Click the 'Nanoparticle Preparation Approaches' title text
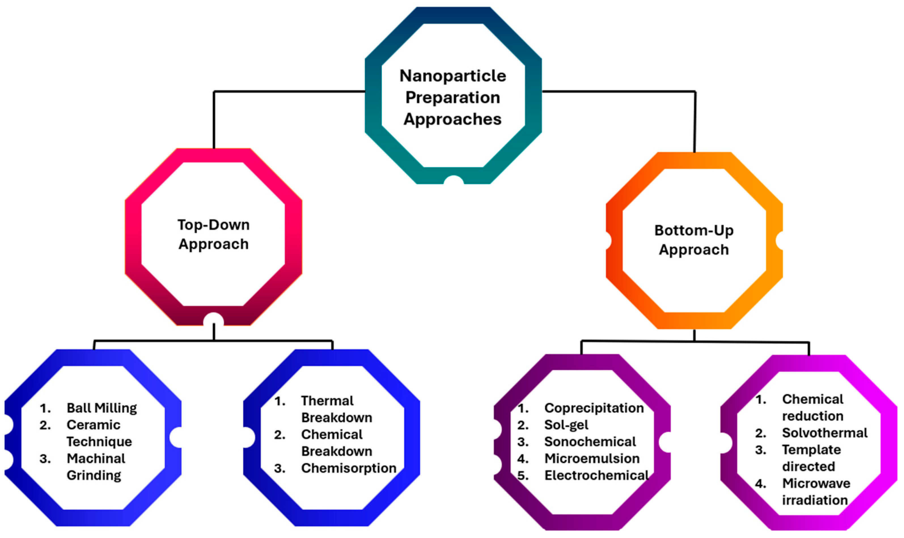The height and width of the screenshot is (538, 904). point(453,97)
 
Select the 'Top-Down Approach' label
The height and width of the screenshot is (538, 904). point(213,234)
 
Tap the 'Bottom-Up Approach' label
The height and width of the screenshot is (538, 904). point(694,240)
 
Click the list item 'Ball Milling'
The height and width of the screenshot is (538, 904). point(102,408)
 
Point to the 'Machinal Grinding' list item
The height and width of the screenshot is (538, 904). point(96,467)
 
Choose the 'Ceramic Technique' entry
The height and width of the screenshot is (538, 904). point(99,433)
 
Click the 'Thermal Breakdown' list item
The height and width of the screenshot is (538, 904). point(337,409)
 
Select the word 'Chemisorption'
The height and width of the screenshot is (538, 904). point(349,468)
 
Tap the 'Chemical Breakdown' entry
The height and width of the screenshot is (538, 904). point(337,443)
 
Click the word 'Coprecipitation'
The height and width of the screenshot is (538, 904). point(594,408)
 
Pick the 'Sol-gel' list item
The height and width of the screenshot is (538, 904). point(566,425)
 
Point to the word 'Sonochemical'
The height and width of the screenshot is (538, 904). point(590,442)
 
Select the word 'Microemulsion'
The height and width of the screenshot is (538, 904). point(592,459)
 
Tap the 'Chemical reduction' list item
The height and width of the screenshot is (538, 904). point(813,408)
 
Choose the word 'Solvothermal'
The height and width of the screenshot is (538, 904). point(825,433)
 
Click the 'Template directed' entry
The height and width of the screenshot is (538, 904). point(812,458)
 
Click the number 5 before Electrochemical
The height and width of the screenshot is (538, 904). point(523,475)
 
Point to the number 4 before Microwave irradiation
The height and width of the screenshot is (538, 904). point(761,483)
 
